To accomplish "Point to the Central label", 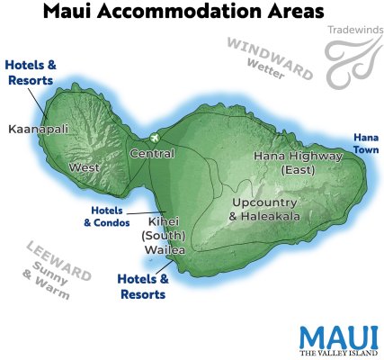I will pos(152,154).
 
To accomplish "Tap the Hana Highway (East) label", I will pos(298,161).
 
